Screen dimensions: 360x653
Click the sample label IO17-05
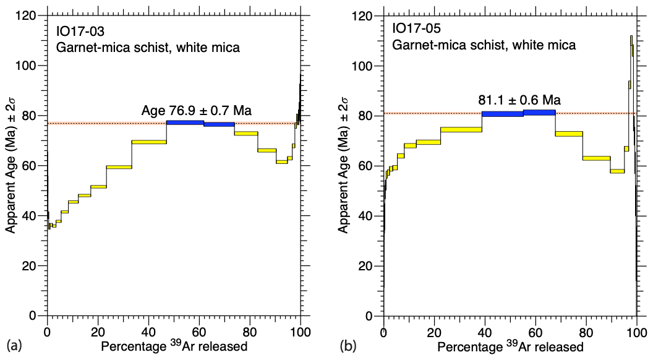coord(414,29)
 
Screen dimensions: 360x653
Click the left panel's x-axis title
coord(174,346)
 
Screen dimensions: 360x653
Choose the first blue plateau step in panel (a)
coord(185,122)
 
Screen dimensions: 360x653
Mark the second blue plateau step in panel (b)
coord(539,113)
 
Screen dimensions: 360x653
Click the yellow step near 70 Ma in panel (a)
coord(149,142)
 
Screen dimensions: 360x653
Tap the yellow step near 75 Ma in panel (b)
coord(461,129)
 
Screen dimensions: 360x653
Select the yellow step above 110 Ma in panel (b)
coord(631,41)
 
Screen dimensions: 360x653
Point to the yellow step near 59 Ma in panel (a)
coord(119,167)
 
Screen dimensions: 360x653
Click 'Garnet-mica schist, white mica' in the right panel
coord(484,45)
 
